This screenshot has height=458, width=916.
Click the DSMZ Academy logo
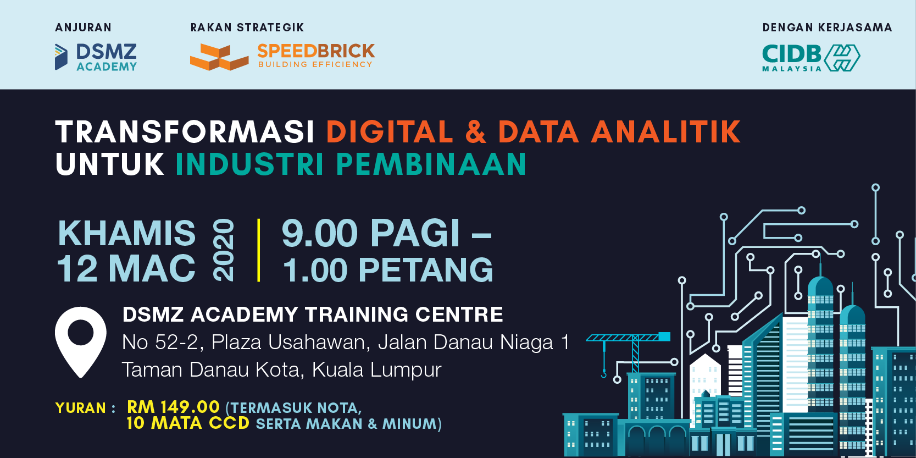click(x=96, y=57)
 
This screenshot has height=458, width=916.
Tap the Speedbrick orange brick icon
click(x=219, y=57)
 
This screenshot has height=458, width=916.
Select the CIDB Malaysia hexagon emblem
click(x=842, y=58)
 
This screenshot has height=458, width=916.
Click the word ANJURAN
click(x=83, y=27)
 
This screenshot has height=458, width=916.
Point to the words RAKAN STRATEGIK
click(x=247, y=27)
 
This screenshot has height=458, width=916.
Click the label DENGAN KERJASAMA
click(x=828, y=27)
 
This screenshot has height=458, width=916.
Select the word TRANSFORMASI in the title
click(x=185, y=132)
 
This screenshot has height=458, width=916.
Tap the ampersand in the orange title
click(x=476, y=132)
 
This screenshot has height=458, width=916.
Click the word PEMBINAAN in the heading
click(x=431, y=164)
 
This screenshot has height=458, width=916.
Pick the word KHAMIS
click(x=126, y=233)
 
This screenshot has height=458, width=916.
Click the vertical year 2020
click(x=224, y=250)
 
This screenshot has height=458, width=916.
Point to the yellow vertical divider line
click(x=258, y=250)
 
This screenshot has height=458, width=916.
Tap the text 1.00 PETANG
click(x=388, y=270)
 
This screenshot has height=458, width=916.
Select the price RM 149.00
click(x=174, y=407)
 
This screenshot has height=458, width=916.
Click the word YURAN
click(x=81, y=408)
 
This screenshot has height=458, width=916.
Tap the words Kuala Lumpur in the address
click(x=376, y=369)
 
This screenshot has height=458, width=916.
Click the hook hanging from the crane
click(x=603, y=373)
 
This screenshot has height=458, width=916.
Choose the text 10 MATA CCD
click(x=188, y=423)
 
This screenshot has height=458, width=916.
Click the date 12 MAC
click(x=126, y=269)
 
